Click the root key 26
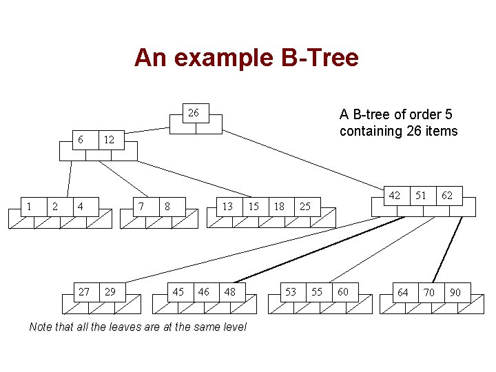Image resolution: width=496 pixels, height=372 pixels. pyautogui.click(x=194, y=112)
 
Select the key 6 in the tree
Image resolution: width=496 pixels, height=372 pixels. pyautogui.click(x=81, y=140)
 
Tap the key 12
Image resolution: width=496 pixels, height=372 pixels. pyautogui.click(x=107, y=140)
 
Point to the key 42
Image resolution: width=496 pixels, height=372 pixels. pyautogui.click(x=394, y=196)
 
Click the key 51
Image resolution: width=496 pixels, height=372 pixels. pyautogui.click(x=421, y=196)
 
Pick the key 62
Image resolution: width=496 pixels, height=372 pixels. pyautogui.click(x=447, y=196)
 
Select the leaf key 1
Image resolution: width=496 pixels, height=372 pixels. pyautogui.click(x=28, y=205)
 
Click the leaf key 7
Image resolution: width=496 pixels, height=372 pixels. pyautogui.click(x=141, y=205)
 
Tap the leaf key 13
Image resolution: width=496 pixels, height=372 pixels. pyautogui.click(x=227, y=205)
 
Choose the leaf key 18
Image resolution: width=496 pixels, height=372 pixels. pyautogui.click(x=279, y=205)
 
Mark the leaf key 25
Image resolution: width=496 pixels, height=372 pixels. pyautogui.click(x=305, y=205)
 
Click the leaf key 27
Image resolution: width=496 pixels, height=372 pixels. pyautogui.click(x=83, y=292)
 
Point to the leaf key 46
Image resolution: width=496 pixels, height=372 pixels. pyautogui.click(x=204, y=292)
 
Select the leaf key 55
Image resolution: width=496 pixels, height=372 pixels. pyautogui.click(x=317, y=292)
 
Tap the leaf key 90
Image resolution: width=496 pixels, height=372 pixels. pyautogui.click(x=455, y=293)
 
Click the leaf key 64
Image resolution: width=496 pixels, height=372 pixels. pyautogui.click(x=403, y=293)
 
